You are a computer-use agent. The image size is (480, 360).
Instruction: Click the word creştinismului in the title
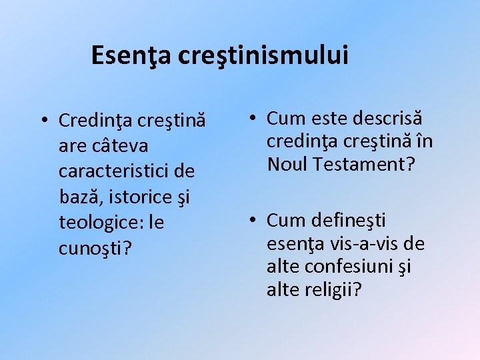(263, 55)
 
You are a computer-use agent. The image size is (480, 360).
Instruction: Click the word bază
(79, 196)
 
